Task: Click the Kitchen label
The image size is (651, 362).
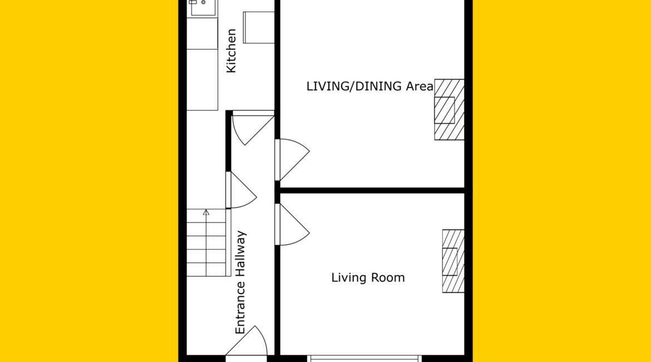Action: coord(231,51)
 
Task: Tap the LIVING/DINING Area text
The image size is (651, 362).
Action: coord(369,86)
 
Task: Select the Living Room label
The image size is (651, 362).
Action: coord(368,278)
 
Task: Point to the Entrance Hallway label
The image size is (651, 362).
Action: coord(240,282)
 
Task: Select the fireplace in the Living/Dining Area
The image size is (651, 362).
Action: coord(449,110)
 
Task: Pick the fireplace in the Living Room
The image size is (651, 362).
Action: coord(453,261)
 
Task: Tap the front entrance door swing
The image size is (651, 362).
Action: coord(246,341)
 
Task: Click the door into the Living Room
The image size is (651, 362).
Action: coord(292,224)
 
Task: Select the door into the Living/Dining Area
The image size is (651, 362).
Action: coord(292,160)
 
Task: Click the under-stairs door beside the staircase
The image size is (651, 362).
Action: coord(241,190)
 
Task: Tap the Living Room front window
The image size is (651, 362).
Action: coord(364,358)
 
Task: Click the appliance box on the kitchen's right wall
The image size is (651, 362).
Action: coord(259,27)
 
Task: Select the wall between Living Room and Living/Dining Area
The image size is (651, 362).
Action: coord(372,190)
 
